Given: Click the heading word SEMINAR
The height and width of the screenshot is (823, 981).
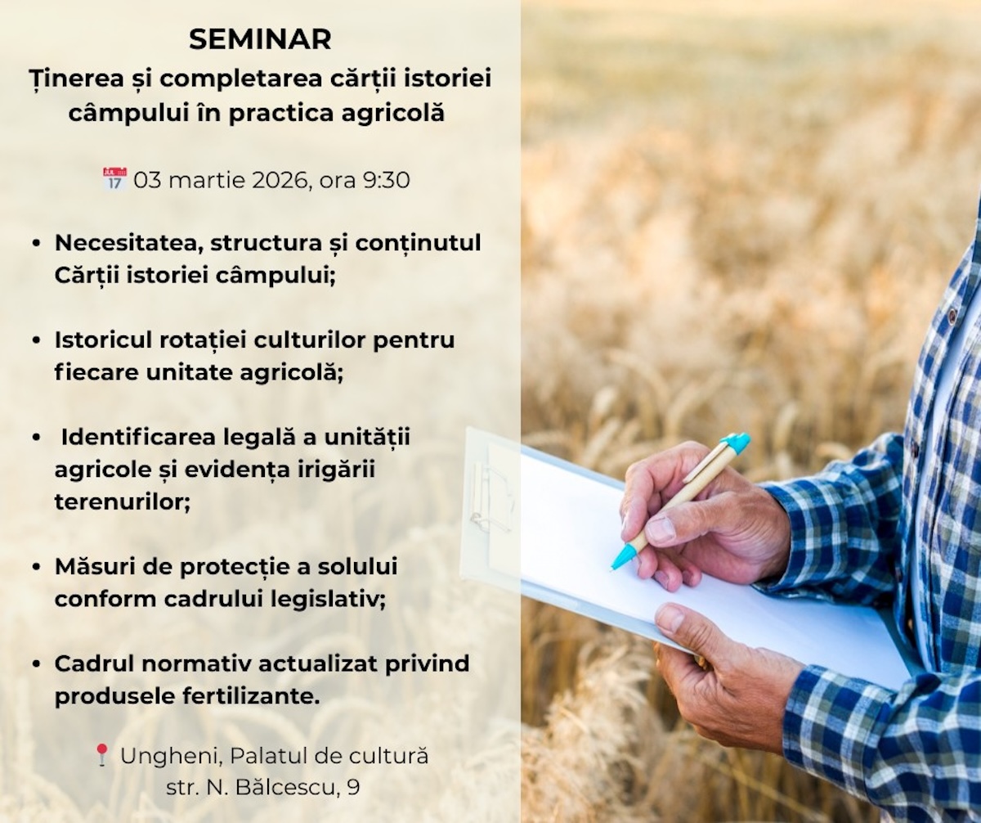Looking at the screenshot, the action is [260, 39].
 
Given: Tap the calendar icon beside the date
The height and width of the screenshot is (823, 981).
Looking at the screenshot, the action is [115, 178].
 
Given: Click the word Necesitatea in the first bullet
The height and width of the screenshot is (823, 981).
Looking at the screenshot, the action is [129, 244].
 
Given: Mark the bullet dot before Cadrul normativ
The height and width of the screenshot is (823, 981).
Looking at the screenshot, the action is [37, 664].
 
